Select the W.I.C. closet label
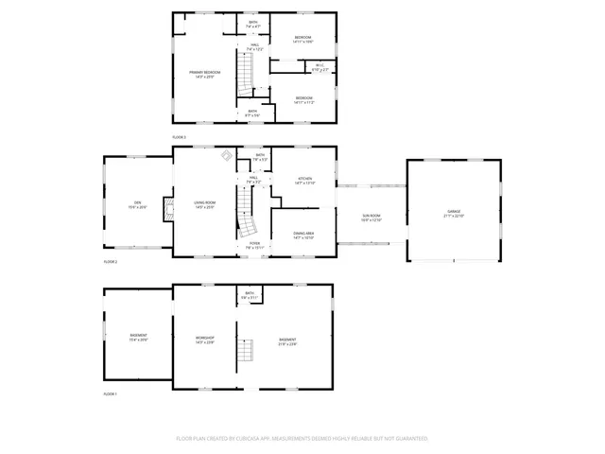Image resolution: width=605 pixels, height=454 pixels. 320,67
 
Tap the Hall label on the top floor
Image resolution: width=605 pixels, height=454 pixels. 254,46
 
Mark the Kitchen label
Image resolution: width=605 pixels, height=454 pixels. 304,179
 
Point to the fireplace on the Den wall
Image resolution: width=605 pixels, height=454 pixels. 168,209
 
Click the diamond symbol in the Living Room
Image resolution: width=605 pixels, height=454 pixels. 227,154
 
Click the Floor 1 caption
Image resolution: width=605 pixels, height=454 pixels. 110,393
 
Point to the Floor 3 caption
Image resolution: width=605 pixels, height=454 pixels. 179,137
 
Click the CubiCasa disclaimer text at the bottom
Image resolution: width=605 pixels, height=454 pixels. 302,439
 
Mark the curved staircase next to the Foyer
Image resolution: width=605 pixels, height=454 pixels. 247,225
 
